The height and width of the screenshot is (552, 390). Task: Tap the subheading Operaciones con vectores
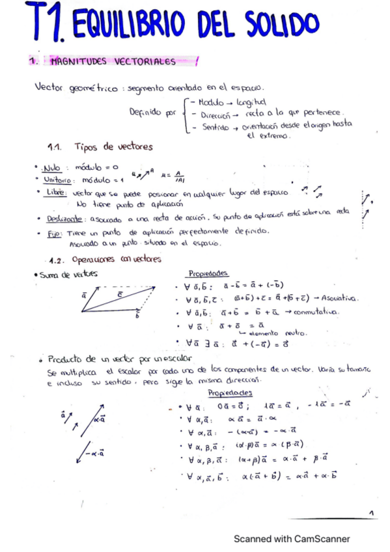[117, 258]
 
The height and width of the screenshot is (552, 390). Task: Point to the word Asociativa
[341, 299]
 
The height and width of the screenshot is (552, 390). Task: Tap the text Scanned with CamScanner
[292, 539]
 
